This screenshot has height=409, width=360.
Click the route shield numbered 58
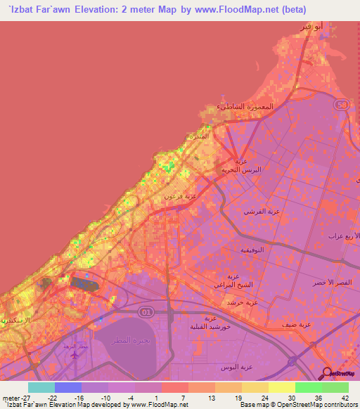coord(342,105)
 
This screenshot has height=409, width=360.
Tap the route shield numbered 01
coord(146,310)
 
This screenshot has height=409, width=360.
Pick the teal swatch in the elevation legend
coord(41,387)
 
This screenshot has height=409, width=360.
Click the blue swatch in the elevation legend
coord(68,387)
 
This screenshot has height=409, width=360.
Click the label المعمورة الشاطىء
coord(245,106)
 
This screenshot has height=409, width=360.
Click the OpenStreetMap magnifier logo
coord(326,372)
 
